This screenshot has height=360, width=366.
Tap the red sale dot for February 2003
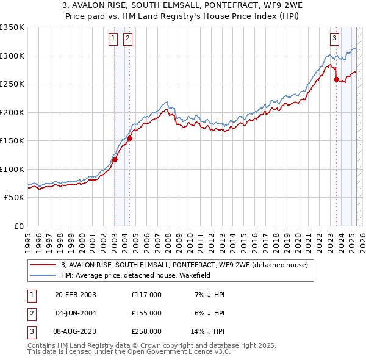click(115, 160)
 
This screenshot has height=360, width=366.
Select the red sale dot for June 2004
click(129, 138)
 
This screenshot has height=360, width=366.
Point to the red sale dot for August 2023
click(336, 79)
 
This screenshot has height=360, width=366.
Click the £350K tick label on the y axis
click(12, 27)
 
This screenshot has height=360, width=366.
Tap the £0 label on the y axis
click(18, 226)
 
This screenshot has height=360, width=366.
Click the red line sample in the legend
click(43, 265)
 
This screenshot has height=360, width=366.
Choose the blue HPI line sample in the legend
click(43, 275)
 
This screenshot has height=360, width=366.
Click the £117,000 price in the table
click(146, 295)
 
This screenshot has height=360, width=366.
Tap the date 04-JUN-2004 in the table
click(76, 313)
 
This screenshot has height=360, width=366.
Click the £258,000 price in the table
click(146, 331)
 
